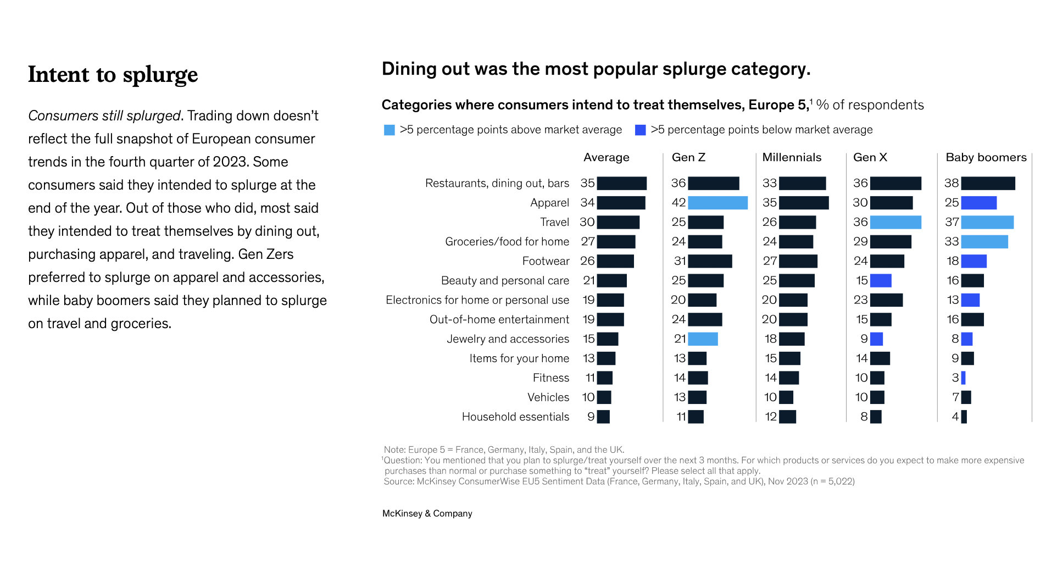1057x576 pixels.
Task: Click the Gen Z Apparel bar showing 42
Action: coord(717,203)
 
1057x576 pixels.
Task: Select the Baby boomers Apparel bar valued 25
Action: coord(978,203)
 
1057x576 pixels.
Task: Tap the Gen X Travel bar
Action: coord(895,222)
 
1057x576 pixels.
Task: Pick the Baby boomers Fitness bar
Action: coord(963,378)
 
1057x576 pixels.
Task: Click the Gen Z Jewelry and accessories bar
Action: coord(703,339)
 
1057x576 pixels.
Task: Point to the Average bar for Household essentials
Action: coord(603,417)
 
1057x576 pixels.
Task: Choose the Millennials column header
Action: coord(792,158)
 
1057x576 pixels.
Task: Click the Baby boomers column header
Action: coord(986,158)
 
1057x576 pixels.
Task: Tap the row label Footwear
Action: coord(546,261)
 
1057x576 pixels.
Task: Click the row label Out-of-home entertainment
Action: coord(499,319)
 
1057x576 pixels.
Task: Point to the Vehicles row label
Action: coord(548,397)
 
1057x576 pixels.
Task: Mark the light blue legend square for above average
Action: coord(390,130)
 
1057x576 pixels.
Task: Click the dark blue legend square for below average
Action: coord(640,130)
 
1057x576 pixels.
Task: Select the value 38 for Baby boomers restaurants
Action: coord(952,183)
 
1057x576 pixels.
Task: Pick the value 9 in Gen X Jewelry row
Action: coord(864,339)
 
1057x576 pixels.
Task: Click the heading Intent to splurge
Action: coord(113,75)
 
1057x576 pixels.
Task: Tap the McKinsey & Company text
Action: coord(427,513)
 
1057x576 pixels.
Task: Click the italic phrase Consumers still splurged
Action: coord(104,116)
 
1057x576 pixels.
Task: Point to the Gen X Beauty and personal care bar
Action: coord(881,280)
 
